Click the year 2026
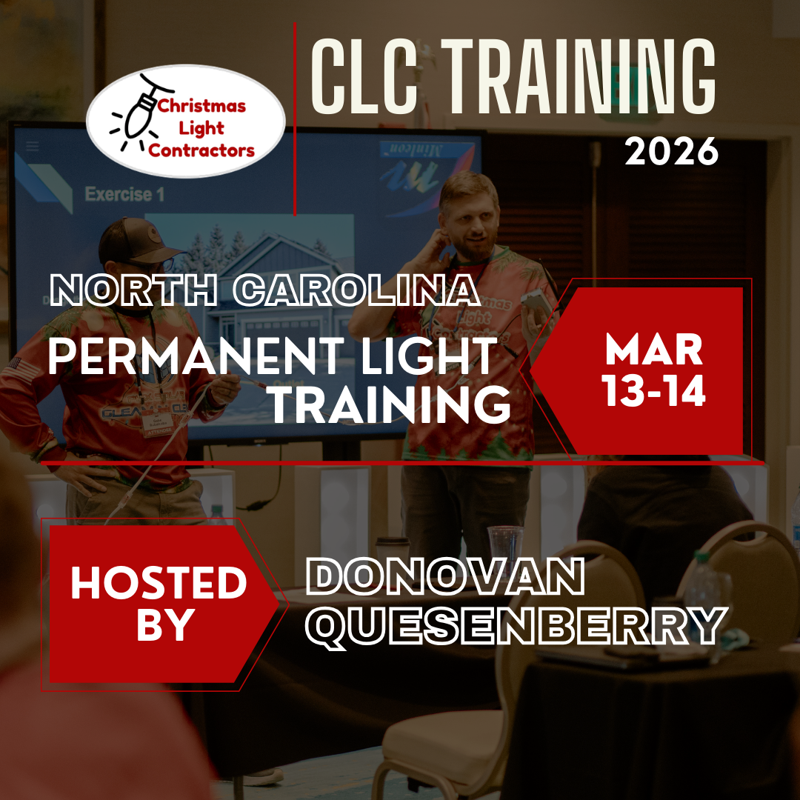click(x=671, y=151)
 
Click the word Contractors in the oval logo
click(x=201, y=151)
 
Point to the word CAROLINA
click(x=356, y=292)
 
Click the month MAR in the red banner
click(x=653, y=350)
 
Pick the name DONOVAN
click(x=445, y=577)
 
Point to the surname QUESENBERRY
click(x=516, y=624)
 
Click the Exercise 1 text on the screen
click(x=124, y=195)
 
